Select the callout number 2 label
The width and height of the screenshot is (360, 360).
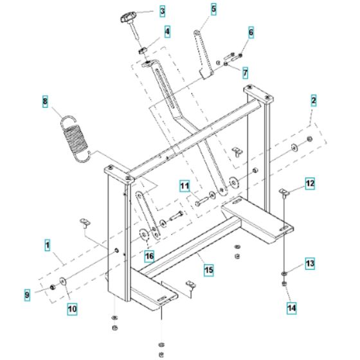313,100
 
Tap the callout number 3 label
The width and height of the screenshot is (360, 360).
161,11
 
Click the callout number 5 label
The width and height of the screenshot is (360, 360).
213,9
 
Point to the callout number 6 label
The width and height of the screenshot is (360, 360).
251,32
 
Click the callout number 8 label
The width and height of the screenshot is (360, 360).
44,101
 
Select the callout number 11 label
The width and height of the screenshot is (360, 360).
184,187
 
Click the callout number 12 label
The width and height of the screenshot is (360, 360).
310,184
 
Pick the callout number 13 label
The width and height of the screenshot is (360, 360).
310,263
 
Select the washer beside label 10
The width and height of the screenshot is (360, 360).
63,280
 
